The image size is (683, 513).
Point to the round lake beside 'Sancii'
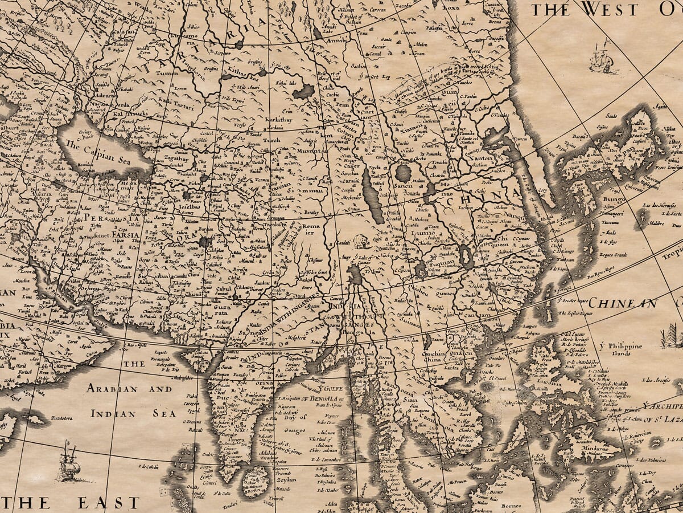point(404,173)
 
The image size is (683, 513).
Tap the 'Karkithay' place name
point(279,120)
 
